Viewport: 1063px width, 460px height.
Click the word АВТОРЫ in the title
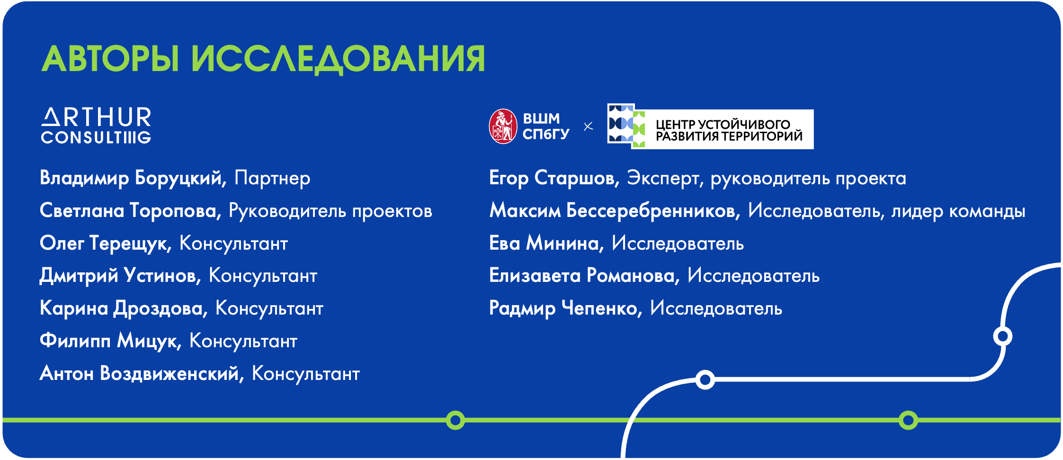(110, 59)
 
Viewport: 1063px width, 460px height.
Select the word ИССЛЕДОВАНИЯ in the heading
(338, 59)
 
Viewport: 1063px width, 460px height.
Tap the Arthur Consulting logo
(96, 125)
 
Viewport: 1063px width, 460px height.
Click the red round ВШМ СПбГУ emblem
(503, 126)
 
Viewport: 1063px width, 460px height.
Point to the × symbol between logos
(588, 126)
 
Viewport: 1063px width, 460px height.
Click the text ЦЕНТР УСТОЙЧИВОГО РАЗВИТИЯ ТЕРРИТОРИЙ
(729, 130)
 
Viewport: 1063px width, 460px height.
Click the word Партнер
(272, 178)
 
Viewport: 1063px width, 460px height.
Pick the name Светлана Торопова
(128, 211)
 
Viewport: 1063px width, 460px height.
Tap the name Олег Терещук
(104, 244)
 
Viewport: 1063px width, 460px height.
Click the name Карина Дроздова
(122, 308)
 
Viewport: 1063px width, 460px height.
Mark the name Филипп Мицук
(108, 341)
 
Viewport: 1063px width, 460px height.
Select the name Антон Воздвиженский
(140, 373)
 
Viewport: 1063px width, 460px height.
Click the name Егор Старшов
(552, 178)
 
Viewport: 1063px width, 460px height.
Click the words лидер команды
(958, 211)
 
